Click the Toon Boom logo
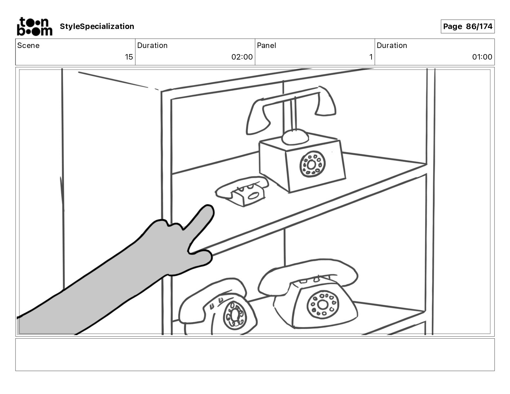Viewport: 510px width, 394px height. [34, 26]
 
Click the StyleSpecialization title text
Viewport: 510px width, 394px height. [97, 26]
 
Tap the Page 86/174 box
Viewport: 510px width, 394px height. [467, 26]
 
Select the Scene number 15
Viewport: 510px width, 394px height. [129, 57]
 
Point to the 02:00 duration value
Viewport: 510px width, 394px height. [242, 57]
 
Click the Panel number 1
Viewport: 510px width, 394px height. [371, 57]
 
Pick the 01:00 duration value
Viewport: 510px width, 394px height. [482, 57]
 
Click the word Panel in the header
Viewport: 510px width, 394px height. [266, 45]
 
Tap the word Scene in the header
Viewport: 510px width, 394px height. [28, 45]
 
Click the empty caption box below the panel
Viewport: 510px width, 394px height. [255, 354]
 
